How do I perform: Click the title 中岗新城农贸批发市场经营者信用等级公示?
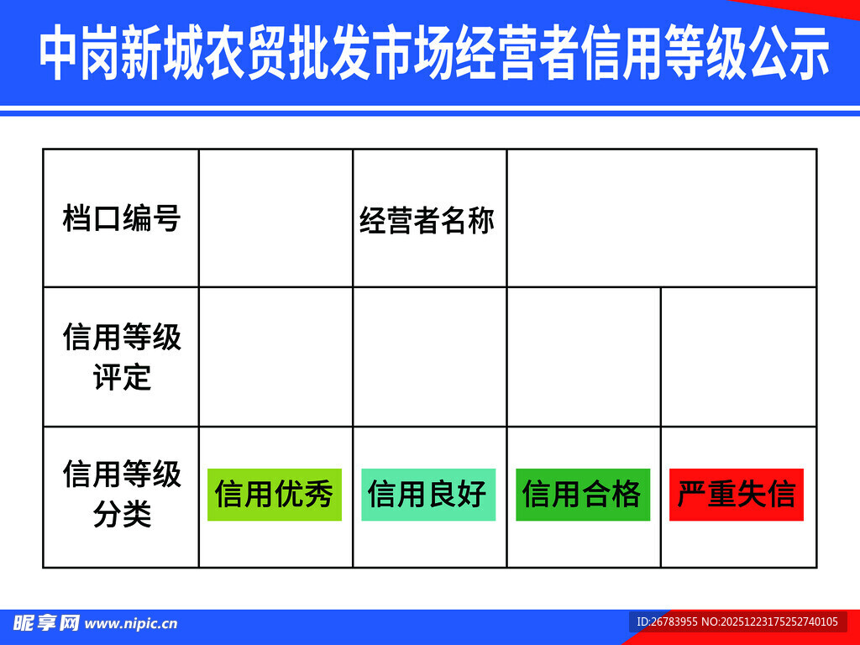click(433, 52)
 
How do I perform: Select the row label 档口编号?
click(121, 218)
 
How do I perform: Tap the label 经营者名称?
click(427, 220)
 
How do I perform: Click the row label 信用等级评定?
click(121, 357)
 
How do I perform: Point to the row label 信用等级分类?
click(121, 495)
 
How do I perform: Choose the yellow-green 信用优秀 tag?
click(275, 494)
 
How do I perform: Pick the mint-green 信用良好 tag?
click(428, 494)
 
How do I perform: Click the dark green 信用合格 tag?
click(582, 494)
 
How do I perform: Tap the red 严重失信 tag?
click(736, 494)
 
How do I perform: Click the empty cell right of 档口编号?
click(275, 218)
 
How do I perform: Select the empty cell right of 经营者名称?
click(661, 218)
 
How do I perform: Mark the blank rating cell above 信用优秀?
click(275, 357)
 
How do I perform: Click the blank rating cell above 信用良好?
click(429, 357)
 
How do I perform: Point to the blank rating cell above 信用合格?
click(584, 357)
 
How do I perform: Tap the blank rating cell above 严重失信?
click(738, 357)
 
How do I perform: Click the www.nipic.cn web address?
click(132, 624)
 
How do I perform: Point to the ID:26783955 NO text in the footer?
click(737, 622)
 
